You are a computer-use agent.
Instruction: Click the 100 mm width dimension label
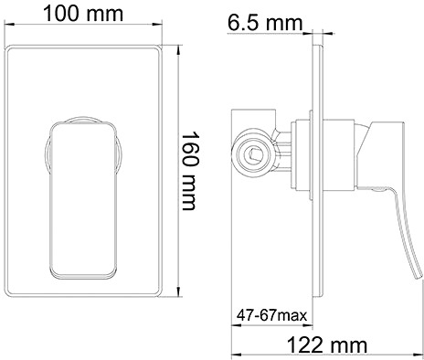point(83,14)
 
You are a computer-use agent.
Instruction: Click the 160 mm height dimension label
point(190,171)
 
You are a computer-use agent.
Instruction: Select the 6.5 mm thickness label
point(265,23)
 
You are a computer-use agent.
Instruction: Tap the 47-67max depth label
point(272,315)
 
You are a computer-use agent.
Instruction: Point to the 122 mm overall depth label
point(327,345)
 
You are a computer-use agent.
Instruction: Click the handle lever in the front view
point(83,200)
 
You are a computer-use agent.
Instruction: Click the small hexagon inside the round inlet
point(253,154)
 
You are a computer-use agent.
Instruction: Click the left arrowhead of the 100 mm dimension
point(8,24)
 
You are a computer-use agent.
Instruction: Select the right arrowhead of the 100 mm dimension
point(157,24)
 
